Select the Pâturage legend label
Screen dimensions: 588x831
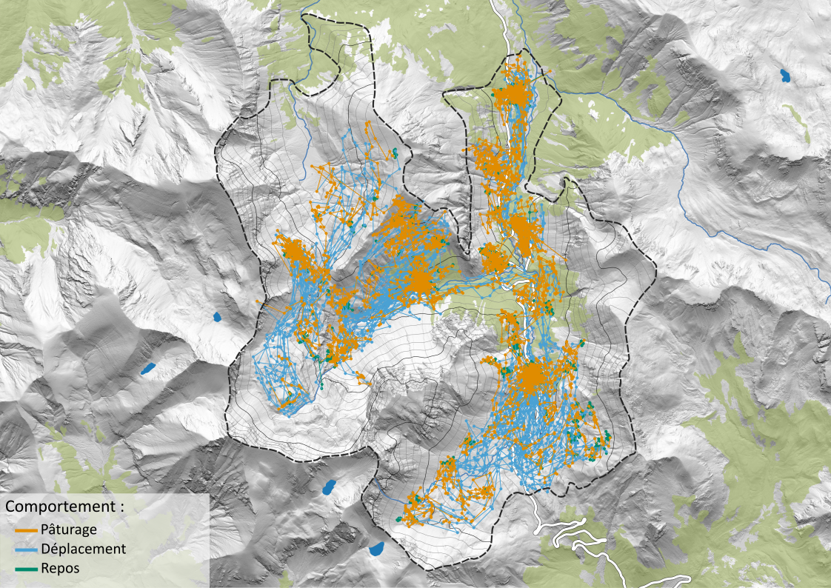[x=69, y=530]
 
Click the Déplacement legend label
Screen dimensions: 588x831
[x=84, y=549]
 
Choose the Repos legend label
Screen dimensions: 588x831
[x=60, y=568]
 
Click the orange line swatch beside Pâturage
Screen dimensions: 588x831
[x=25, y=531]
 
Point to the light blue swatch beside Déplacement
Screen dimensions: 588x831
[x=25, y=549]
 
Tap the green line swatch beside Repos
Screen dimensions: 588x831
[x=25, y=569]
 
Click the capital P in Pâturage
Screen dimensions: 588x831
[x=46, y=530]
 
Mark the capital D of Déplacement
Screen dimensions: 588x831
[x=47, y=549]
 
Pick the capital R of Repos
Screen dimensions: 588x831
[x=46, y=568]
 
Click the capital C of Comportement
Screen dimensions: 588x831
[x=11, y=507]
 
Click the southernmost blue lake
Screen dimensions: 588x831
[x=377, y=549]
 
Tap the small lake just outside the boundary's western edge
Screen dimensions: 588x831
[x=218, y=317]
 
